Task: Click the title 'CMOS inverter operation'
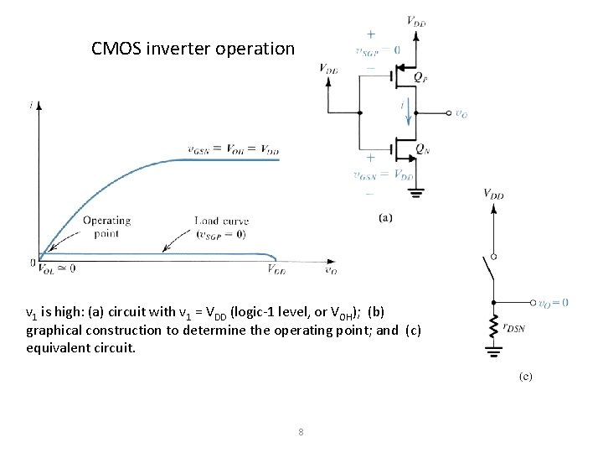point(193,49)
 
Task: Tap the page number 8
point(301,433)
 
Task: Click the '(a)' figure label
point(386,218)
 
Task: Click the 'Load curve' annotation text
point(222,221)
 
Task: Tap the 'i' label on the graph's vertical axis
point(31,104)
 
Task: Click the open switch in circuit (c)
point(492,272)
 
